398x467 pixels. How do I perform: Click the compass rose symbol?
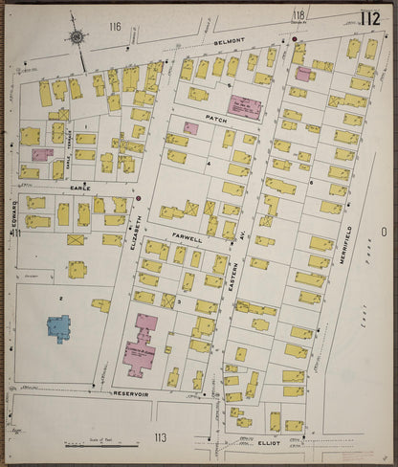tap(77, 38)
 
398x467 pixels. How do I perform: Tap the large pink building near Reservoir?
tap(144, 350)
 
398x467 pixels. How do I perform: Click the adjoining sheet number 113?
tap(159, 436)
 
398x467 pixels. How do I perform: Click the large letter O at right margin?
tap(383, 233)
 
